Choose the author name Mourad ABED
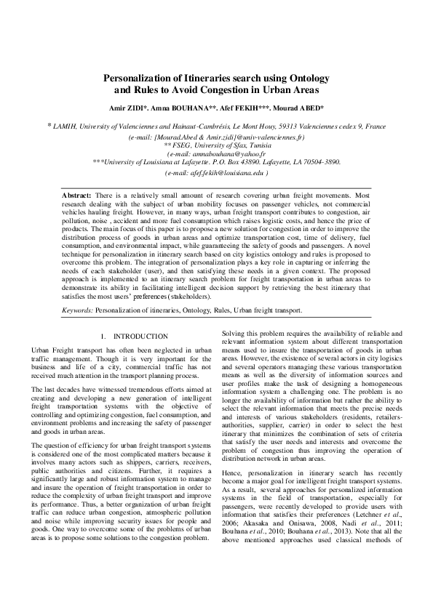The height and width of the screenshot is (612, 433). tap(325, 108)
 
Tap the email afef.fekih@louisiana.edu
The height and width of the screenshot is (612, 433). tap(219, 173)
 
